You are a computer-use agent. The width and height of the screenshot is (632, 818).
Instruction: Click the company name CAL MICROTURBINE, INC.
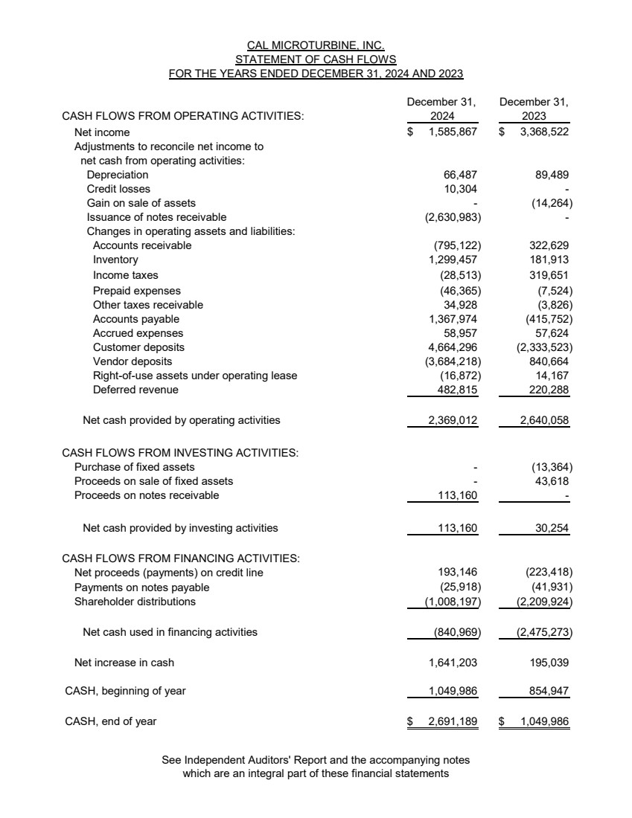tap(316, 46)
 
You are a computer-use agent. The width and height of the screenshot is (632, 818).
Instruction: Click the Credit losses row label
tap(118, 189)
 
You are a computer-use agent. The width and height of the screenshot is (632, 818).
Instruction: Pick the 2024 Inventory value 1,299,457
tap(453, 260)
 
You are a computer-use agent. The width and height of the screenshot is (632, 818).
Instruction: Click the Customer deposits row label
tap(138, 347)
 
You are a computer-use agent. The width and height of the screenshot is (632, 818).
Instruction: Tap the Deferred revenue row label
tap(135, 390)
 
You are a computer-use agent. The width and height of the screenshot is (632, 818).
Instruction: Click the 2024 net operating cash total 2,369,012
tap(452, 420)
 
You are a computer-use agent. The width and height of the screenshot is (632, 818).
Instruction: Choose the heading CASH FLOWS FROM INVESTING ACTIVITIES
tap(180, 452)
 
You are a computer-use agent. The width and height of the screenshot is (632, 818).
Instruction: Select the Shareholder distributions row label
tap(135, 602)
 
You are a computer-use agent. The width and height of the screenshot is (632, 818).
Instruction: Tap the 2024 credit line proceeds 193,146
tap(456, 573)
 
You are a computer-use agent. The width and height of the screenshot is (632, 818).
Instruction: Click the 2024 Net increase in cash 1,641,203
tap(453, 662)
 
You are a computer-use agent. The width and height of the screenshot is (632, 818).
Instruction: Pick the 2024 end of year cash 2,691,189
tap(453, 721)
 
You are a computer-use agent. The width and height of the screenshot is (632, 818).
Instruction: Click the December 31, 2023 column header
tap(534, 109)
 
